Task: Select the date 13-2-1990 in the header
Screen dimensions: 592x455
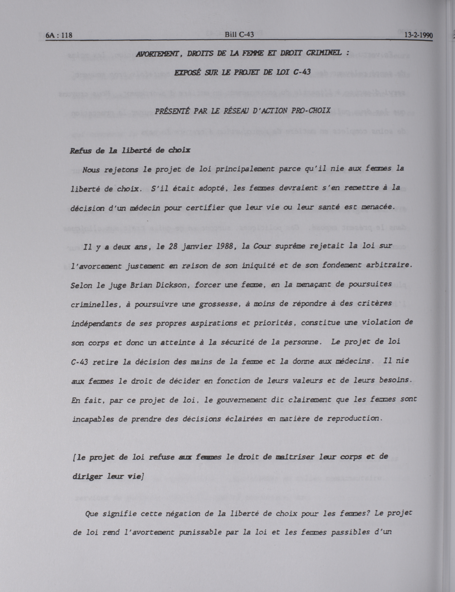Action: point(419,36)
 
